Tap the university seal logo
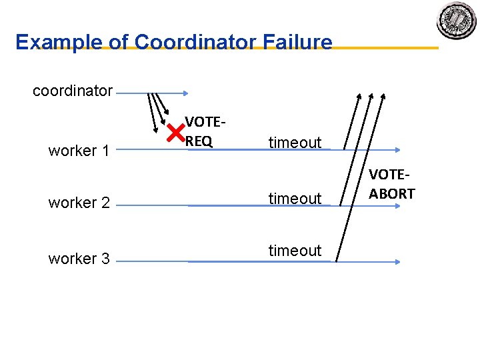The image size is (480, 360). click(x=457, y=21)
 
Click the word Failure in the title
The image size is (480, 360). click(x=297, y=42)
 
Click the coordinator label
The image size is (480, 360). click(x=73, y=91)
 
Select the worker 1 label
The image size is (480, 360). click(x=79, y=151)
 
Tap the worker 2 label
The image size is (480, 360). click(x=79, y=203)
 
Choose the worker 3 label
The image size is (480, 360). click(x=79, y=259)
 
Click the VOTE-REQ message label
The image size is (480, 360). click(x=204, y=131)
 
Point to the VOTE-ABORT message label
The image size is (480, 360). click(x=392, y=184)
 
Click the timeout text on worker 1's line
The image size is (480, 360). click(x=295, y=143)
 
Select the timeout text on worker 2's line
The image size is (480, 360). click(x=295, y=199)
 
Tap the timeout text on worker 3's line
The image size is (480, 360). click(x=295, y=251)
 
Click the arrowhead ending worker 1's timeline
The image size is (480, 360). click(x=397, y=151)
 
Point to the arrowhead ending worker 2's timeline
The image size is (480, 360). click(x=397, y=206)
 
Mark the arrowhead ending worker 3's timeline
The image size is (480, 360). click(x=397, y=262)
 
